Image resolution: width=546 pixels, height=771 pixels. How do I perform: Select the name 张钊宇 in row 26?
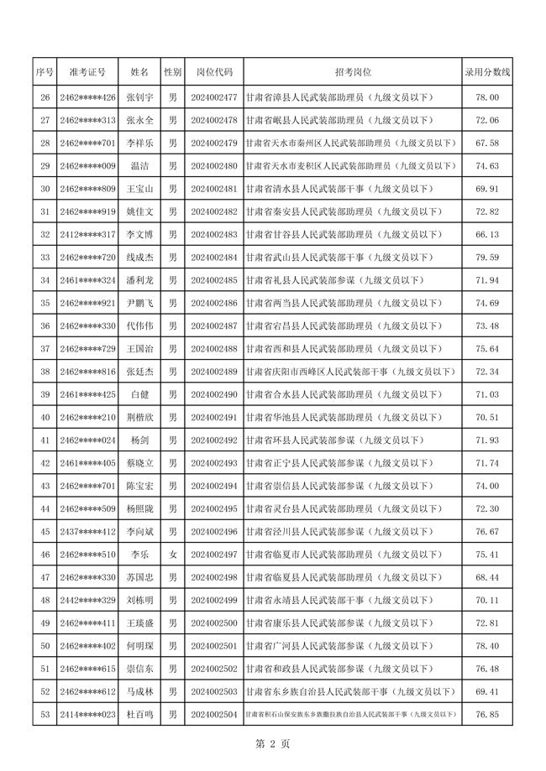[x=139, y=97]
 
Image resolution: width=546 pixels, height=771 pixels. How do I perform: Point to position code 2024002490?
[x=214, y=393]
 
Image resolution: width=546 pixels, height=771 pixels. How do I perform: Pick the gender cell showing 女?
[x=172, y=555]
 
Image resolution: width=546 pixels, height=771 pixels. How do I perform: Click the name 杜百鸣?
[x=139, y=714]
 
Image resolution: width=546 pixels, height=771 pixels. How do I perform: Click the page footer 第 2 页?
[x=272, y=744]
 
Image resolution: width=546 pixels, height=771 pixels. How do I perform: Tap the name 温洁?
[x=139, y=166]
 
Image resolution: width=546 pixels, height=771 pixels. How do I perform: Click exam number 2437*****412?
[x=88, y=531]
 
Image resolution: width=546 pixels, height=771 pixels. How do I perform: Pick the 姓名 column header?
[x=139, y=73]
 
